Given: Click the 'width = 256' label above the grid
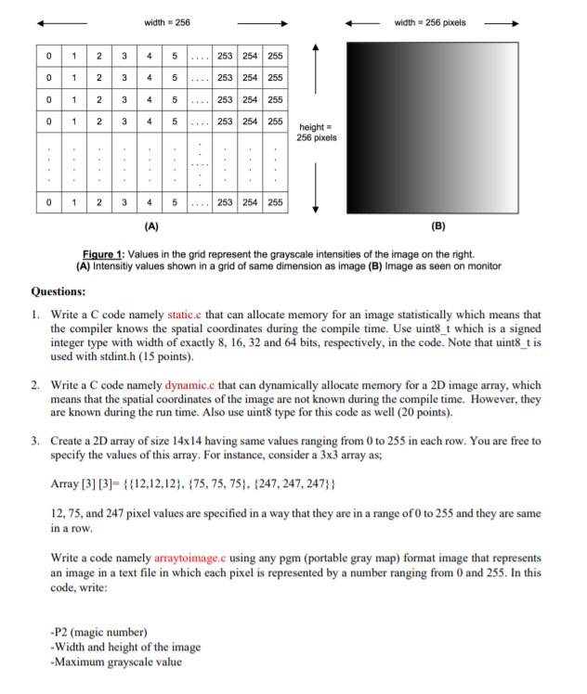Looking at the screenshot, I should (166, 21).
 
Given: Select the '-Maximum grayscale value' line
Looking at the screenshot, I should (116, 662).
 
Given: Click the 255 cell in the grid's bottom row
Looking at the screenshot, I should (275, 202).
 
